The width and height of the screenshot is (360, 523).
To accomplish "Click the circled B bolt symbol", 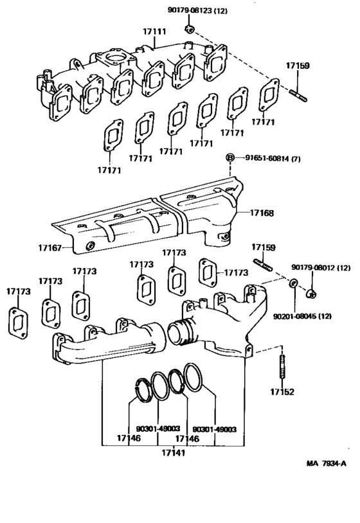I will point(230,157).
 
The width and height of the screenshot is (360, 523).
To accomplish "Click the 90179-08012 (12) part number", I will point(321,267).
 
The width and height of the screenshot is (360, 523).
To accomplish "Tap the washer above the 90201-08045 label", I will point(292,283).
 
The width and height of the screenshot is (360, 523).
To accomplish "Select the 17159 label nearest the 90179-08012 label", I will point(262,247).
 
